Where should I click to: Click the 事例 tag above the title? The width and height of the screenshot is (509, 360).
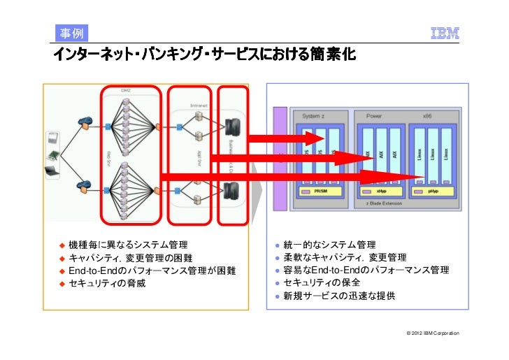tap(69, 33)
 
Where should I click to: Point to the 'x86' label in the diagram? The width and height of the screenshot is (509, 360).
tap(445, 115)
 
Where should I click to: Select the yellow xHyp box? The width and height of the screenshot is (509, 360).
tap(381, 191)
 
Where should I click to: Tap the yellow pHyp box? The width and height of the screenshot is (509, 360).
tap(433, 191)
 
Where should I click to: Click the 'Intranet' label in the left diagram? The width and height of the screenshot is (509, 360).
tap(199, 106)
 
